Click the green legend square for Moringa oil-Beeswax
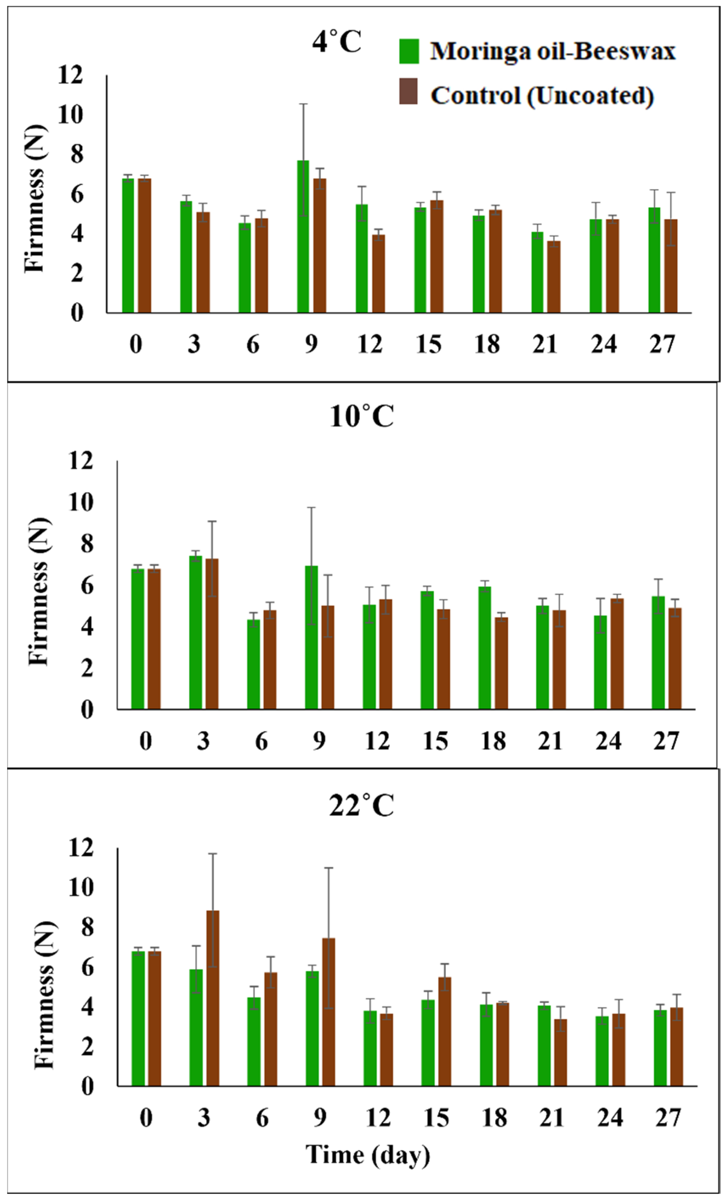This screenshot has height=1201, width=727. (x=408, y=51)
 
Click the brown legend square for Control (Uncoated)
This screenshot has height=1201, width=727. (x=408, y=91)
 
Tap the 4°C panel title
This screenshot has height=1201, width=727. (x=337, y=41)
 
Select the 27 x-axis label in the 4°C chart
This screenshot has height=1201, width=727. (x=662, y=344)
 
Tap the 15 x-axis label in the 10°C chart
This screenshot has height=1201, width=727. (x=435, y=741)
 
